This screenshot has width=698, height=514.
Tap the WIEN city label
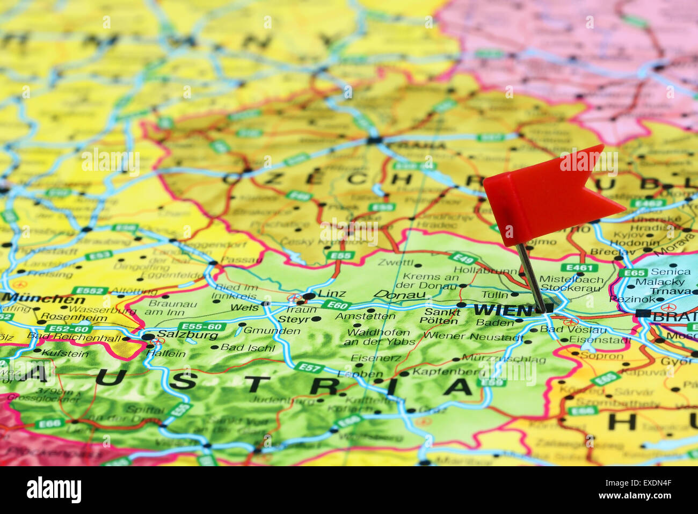[503, 310]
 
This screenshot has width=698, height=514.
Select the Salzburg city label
[187, 335]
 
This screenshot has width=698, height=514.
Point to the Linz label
[331, 293]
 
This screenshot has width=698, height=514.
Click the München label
[43, 299]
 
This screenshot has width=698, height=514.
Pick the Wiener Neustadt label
[473, 337]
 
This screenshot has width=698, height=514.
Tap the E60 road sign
[337, 305]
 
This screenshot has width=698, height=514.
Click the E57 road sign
[310, 368]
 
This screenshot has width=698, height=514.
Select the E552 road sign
[89, 291]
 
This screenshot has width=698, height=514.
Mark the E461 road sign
[579, 267]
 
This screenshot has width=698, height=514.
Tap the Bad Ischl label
[248, 347]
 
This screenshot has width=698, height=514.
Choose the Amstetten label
[365, 316]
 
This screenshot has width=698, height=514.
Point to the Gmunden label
[272, 330]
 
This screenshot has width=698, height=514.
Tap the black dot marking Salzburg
[148, 337]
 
